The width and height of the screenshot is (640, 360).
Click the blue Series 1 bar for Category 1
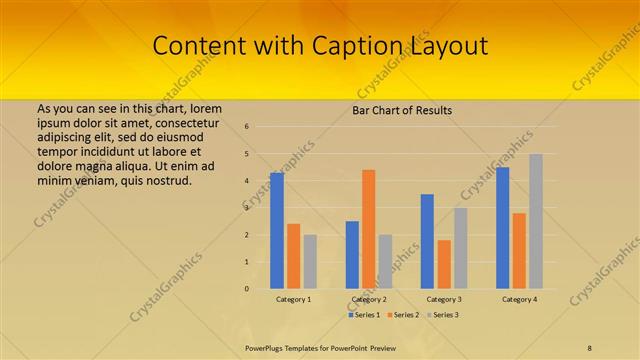click(x=277, y=231)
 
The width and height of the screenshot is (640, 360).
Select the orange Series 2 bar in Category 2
click(x=368, y=230)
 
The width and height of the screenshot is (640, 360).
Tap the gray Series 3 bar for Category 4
click(x=536, y=221)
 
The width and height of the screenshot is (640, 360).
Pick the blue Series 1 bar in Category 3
click(x=427, y=241)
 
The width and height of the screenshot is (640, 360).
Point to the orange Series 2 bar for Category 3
click(x=444, y=264)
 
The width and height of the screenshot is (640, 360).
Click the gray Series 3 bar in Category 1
click(x=310, y=262)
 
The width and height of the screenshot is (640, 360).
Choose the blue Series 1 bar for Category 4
click(x=502, y=228)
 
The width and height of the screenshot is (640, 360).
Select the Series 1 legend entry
click(x=363, y=315)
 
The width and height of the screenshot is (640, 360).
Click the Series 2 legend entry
click(x=402, y=315)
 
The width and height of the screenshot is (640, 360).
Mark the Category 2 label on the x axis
click(x=369, y=299)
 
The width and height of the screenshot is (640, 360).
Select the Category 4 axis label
click(x=519, y=299)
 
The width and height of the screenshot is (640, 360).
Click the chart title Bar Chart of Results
click(x=402, y=110)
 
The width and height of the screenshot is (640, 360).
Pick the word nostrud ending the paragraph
click(x=167, y=181)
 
